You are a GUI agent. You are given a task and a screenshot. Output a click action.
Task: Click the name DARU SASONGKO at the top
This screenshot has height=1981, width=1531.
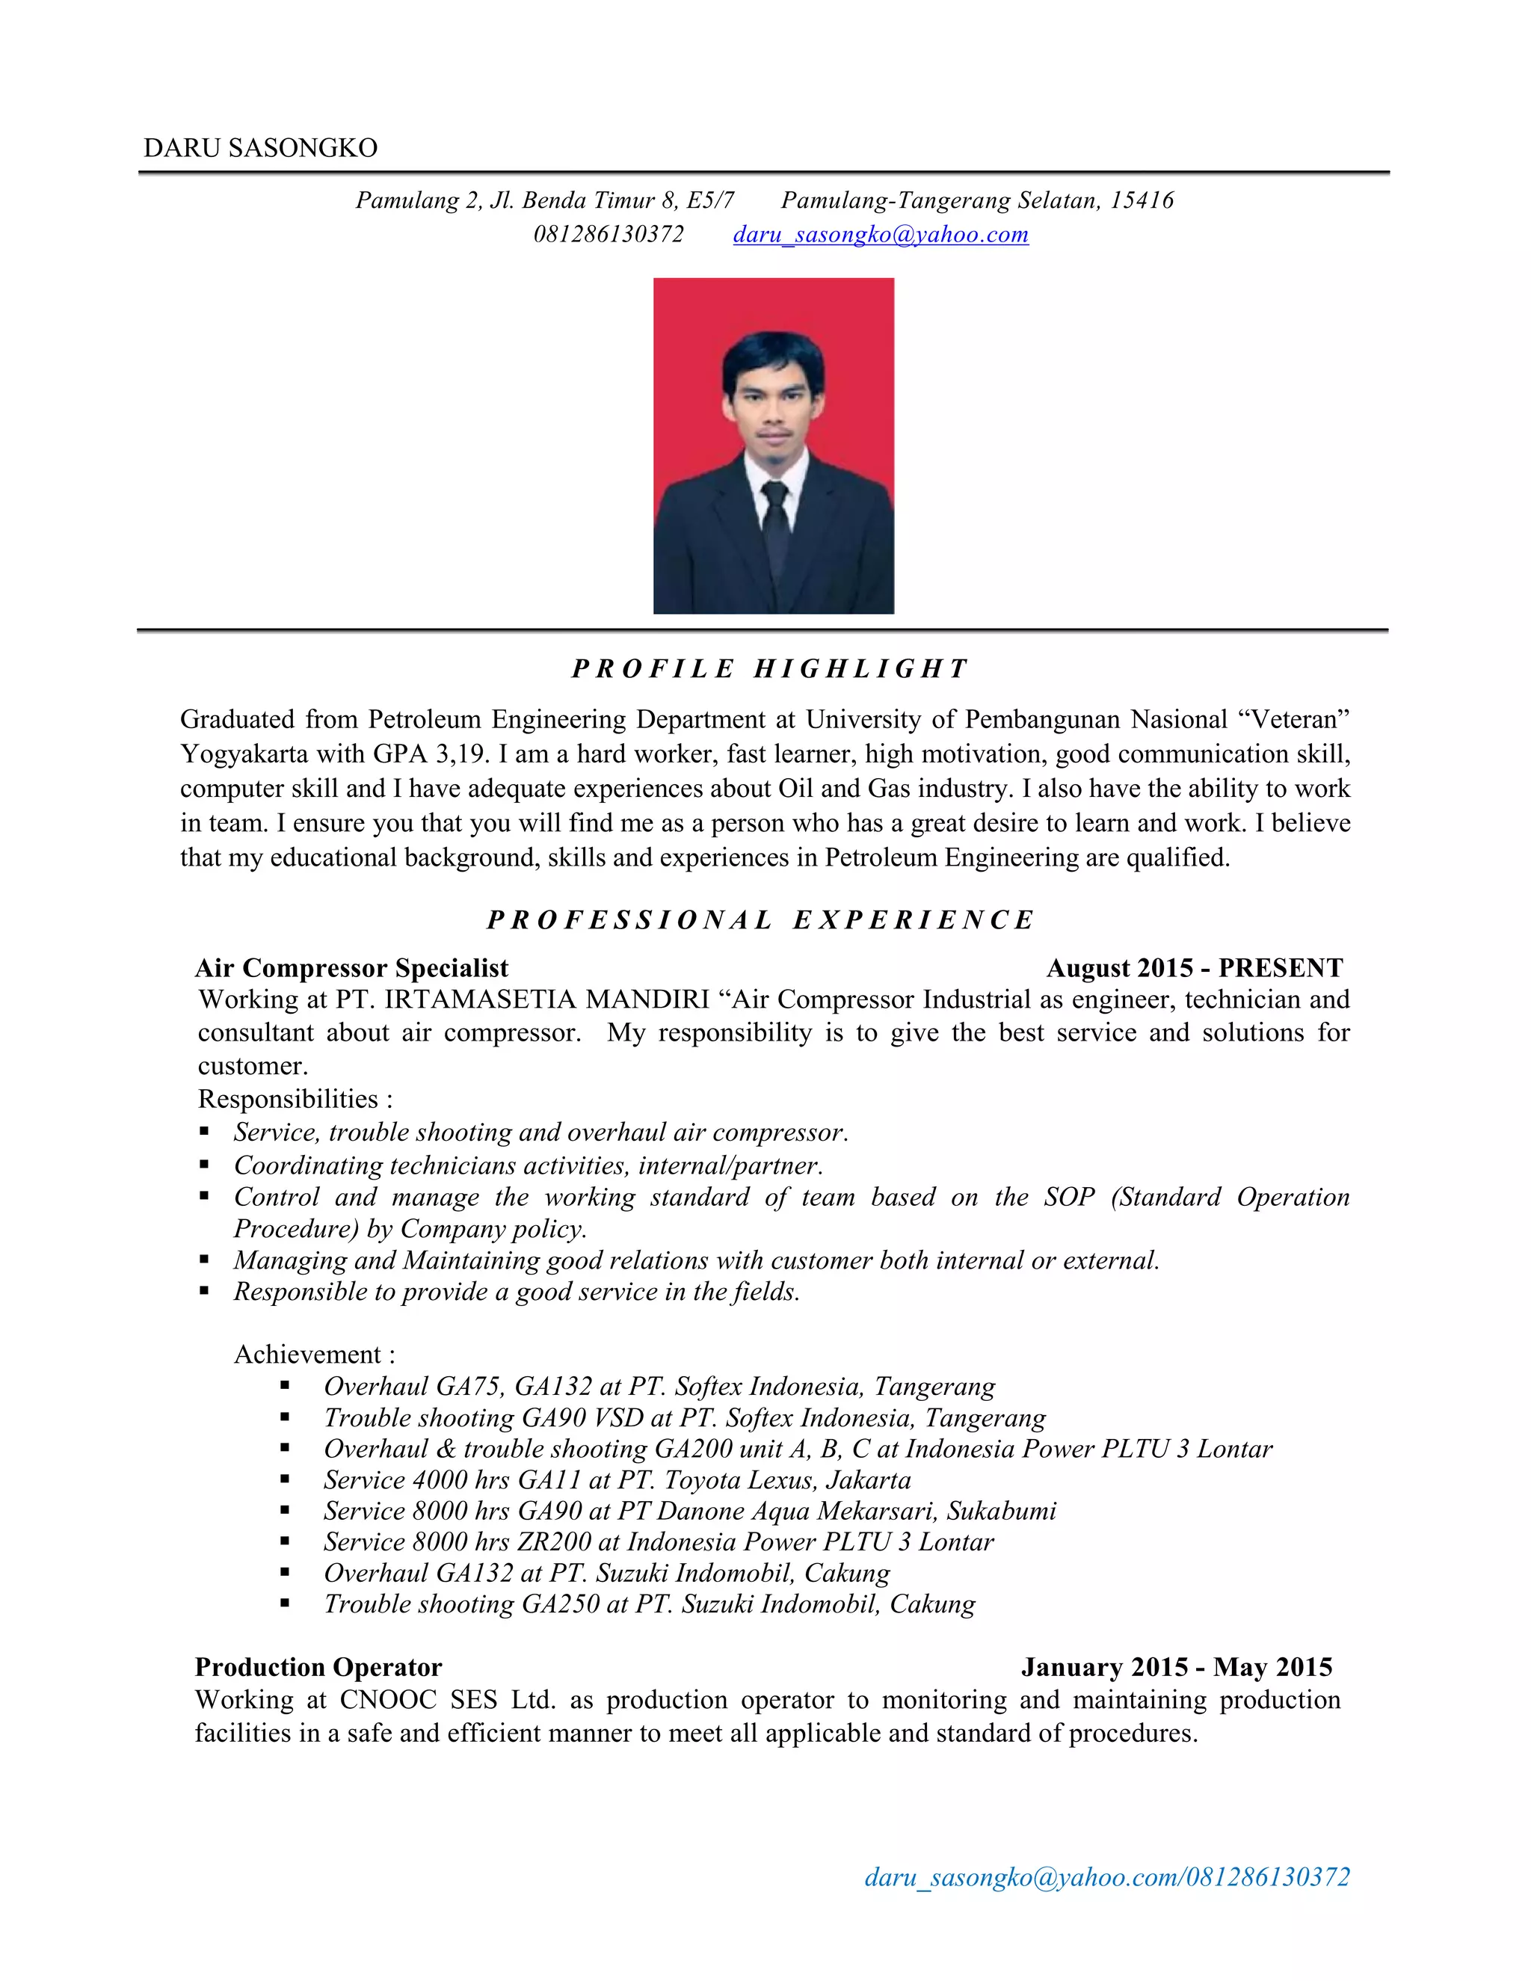pyautogui.click(x=260, y=148)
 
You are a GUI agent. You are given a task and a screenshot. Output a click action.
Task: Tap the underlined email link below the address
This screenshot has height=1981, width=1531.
pyautogui.click(x=880, y=234)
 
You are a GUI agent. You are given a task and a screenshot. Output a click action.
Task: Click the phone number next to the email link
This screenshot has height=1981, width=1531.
pyautogui.click(x=609, y=234)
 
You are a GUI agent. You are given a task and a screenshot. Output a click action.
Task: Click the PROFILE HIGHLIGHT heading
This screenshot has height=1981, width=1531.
pyautogui.click(x=770, y=668)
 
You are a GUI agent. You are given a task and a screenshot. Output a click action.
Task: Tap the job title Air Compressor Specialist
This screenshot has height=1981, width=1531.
pyautogui.click(x=352, y=968)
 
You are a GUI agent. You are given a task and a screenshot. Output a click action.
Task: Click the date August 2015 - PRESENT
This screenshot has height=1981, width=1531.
pyautogui.click(x=1194, y=968)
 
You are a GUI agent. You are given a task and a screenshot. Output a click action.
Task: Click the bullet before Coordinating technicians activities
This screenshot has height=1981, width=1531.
pyautogui.click(x=205, y=1165)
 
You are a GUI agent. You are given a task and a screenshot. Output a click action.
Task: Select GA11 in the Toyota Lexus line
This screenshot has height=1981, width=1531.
pyautogui.click(x=549, y=1480)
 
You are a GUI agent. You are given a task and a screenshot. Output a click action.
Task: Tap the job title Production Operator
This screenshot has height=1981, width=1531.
pyautogui.click(x=318, y=1667)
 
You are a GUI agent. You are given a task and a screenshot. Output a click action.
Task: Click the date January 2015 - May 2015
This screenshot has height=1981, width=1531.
pyautogui.click(x=1177, y=1667)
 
